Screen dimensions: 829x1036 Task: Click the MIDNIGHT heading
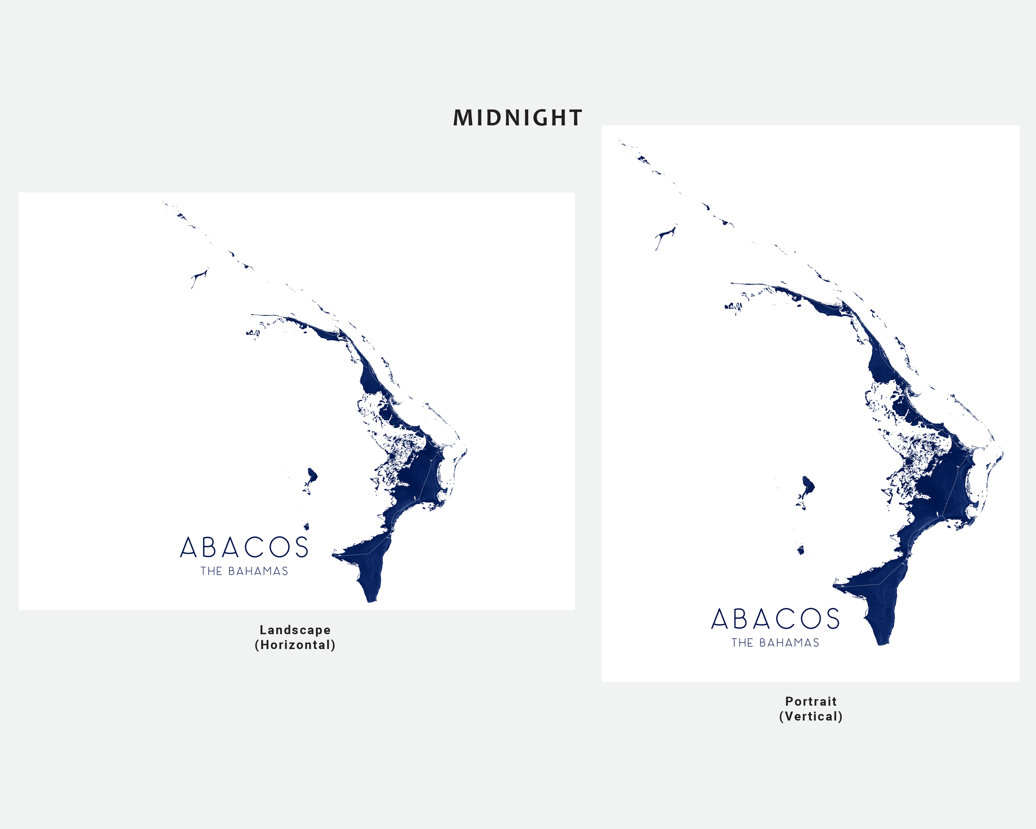pos(517,118)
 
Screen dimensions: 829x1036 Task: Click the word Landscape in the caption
pos(295,630)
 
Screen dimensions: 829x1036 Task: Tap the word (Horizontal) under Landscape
pos(295,645)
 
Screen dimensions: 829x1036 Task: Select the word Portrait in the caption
pos(811,701)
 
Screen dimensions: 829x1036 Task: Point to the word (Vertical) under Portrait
pos(811,716)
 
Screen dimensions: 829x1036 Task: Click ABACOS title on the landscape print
pos(244,547)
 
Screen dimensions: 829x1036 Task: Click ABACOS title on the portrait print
pos(775,619)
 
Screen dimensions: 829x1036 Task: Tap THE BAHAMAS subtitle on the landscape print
pos(244,571)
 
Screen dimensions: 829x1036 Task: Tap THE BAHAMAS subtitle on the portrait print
pos(775,643)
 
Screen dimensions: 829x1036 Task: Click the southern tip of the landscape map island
pos(371,600)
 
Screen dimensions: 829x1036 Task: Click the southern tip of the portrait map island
pos(882,643)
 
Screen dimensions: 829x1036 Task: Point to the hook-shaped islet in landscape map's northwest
pos(198,277)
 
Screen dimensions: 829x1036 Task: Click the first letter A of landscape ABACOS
pos(188,547)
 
